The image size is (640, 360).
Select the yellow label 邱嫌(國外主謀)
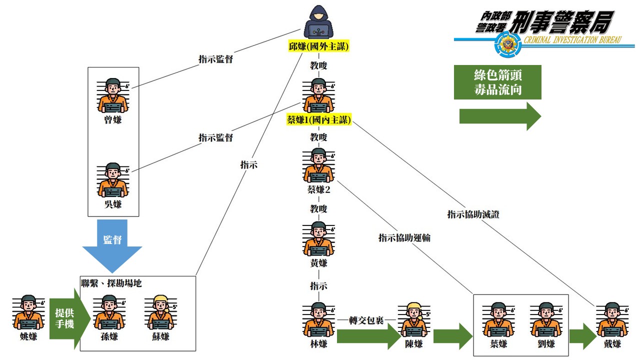[x=318, y=46]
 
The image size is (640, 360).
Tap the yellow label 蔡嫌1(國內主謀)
[x=318, y=120]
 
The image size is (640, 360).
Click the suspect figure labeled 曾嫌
[x=113, y=95]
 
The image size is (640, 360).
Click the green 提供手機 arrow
[x=68, y=318]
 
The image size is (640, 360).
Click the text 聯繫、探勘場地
[x=111, y=283]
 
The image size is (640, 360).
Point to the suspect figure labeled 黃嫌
[x=318, y=238]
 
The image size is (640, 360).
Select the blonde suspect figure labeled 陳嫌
[x=413, y=319]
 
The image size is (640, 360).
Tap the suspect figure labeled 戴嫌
[x=612, y=319]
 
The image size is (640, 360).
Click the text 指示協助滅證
[x=473, y=214]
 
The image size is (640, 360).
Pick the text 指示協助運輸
[x=404, y=238]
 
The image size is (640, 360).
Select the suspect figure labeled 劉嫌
[x=546, y=319]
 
